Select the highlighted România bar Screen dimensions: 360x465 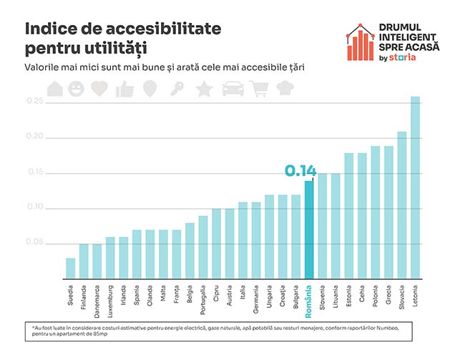pos(309,229)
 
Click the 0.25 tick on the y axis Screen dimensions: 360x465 pos(34,102)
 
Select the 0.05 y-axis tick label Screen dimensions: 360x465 pos(34,243)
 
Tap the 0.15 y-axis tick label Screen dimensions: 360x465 pos(34,172)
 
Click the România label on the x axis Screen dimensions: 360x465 pos(310,301)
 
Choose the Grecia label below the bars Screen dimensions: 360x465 pos(389,297)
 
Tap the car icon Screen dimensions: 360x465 pos(232,89)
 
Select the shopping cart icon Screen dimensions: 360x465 pos(260,89)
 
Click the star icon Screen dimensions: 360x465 pos(204,89)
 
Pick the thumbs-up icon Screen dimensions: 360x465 pos(125,89)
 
